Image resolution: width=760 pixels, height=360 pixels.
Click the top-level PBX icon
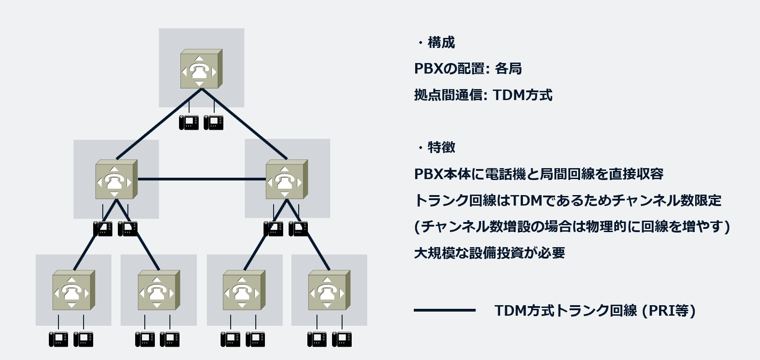coord(201,69)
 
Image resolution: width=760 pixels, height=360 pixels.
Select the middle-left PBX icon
coord(116,180)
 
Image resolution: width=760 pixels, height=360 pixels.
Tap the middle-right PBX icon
coord(286,180)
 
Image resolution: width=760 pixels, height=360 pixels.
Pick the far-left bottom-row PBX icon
coord(73,291)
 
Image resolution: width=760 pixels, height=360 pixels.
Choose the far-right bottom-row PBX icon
coord(329,291)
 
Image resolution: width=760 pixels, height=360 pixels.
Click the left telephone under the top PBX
coord(189,122)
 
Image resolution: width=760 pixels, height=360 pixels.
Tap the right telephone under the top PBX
coord(213,122)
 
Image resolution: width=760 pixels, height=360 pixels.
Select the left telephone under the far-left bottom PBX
coord(58,339)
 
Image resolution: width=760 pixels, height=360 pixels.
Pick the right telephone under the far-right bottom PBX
coord(342,339)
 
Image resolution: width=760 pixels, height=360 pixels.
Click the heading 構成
coord(441,42)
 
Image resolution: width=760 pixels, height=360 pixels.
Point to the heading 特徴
coord(441,148)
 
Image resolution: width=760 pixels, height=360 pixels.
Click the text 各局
coord(508,69)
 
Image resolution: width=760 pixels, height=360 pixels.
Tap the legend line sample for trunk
coord(444,310)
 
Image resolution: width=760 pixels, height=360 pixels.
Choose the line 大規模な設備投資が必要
coord(489,253)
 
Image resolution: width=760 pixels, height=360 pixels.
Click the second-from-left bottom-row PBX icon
coord(158,291)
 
